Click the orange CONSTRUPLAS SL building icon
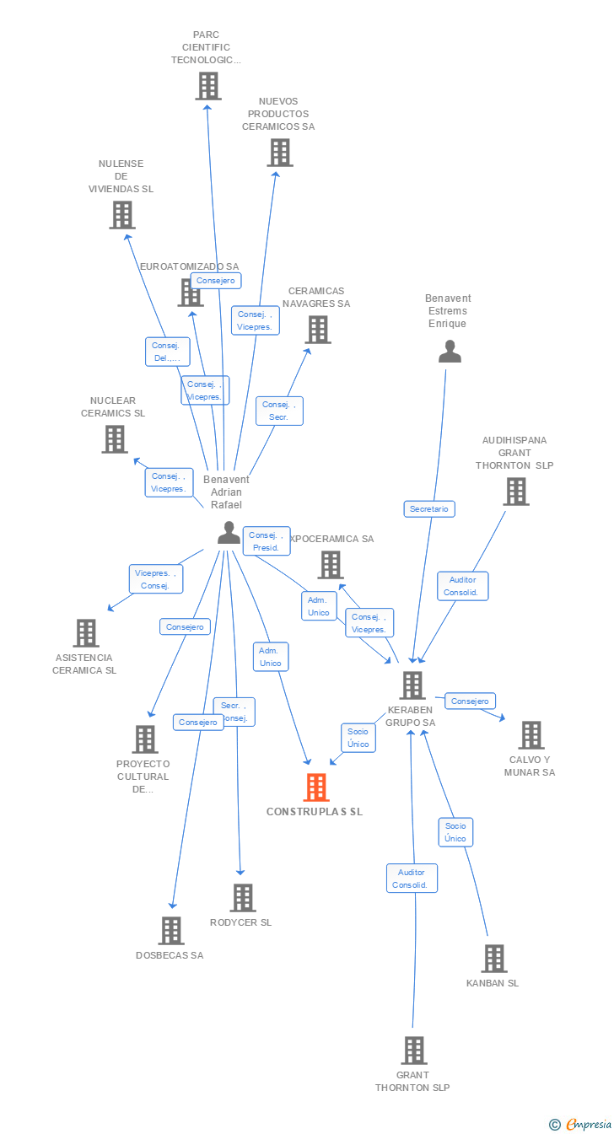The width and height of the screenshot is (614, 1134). (316, 787)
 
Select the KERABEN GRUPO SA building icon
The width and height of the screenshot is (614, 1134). (412, 685)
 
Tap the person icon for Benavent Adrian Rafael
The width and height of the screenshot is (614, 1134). (229, 533)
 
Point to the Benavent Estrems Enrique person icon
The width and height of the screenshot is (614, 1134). (450, 352)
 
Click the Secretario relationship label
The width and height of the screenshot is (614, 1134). (429, 509)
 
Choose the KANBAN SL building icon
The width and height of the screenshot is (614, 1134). (493, 959)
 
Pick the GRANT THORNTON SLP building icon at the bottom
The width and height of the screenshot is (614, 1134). (413, 1051)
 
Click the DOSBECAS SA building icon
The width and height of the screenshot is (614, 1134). (171, 931)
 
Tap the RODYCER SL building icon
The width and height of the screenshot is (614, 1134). (242, 898)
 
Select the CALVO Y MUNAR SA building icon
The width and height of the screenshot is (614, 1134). (531, 735)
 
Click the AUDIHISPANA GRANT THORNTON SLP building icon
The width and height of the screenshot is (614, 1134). (515, 492)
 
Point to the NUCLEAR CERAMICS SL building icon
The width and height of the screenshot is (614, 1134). (115, 439)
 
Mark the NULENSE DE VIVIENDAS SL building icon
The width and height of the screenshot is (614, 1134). (122, 215)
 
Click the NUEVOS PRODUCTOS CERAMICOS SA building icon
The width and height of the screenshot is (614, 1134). (280, 153)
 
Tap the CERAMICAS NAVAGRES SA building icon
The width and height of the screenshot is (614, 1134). (318, 330)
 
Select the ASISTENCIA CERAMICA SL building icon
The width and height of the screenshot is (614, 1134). (86, 632)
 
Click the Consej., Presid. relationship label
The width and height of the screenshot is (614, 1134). (267, 541)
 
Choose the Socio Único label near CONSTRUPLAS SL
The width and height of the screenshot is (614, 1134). (358, 738)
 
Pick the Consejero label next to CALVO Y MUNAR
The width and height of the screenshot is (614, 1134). (470, 701)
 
